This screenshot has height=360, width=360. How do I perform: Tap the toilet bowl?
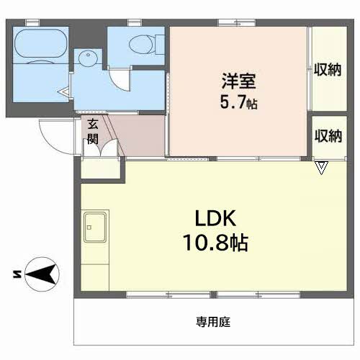tap(143, 44)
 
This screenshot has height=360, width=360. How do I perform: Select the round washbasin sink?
tap(88, 58)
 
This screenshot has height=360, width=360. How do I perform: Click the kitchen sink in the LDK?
tap(95, 228)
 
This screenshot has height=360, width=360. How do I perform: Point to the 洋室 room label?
tap(238, 81)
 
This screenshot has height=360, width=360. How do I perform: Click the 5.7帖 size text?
tap(239, 102)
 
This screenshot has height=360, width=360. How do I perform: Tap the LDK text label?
tap(215, 218)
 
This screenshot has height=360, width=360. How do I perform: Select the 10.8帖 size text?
tap(215, 243)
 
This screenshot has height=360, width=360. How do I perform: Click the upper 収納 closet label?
tap(328, 70)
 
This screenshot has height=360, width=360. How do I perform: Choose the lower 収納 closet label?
tap(328, 136)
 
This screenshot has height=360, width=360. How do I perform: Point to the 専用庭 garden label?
tap(213, 322)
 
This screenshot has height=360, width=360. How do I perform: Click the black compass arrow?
tap(41, 274)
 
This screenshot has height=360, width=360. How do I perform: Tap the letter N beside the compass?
tap(17, 274)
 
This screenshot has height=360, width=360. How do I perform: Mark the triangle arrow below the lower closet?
tap(321, 168)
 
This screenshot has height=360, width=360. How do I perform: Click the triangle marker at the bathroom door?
tap(64, 91)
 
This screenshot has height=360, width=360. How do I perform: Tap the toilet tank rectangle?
tap(160, 45)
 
